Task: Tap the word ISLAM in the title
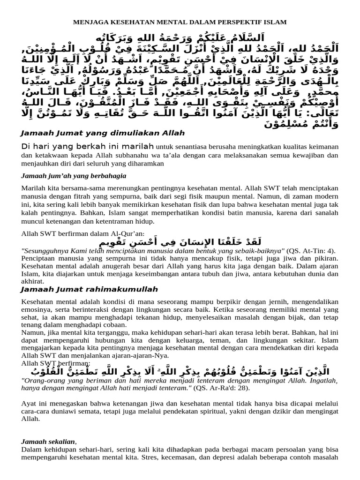(276, 22)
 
